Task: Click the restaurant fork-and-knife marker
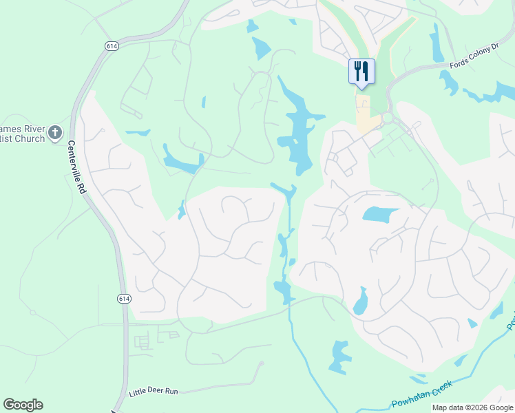pos(361,71)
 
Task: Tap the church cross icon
pos(56,132)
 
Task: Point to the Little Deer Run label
pos(154,391)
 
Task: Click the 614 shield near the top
pos(112,45)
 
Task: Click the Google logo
pos(23,405)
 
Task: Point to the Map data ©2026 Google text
pos(472,407)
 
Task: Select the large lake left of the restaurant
pos(297,127)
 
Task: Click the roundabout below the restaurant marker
pos(388,118)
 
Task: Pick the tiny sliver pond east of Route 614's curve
pos(204,103)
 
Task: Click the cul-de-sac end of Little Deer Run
pos(261,363)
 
